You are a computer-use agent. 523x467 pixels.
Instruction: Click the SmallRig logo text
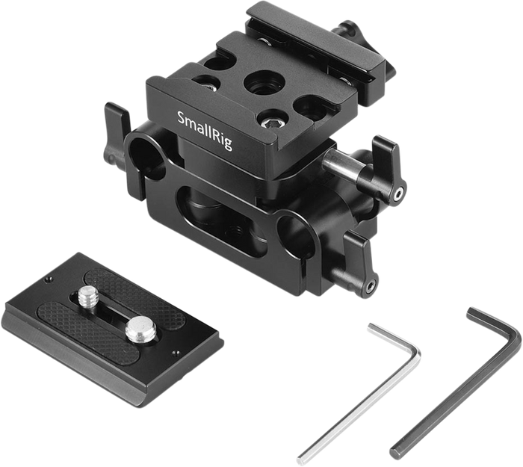coord(205,131)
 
